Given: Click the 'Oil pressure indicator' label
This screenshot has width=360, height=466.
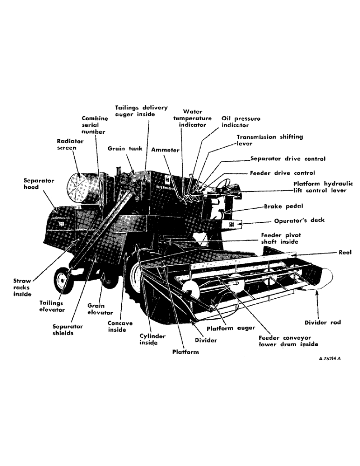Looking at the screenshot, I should [241, 122].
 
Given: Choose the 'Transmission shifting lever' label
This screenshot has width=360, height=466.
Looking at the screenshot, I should [270, 140].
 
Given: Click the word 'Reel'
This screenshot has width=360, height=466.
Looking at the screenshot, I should [345, 252].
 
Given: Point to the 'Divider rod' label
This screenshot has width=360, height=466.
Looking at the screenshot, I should [322, 322].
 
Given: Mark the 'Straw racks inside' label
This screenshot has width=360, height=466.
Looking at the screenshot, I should [22, 288].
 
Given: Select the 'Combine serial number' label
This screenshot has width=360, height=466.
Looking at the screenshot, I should [95, 125].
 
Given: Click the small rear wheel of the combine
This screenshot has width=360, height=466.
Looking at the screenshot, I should [62, 281].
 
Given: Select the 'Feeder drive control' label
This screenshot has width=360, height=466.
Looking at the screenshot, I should [282, 173].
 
